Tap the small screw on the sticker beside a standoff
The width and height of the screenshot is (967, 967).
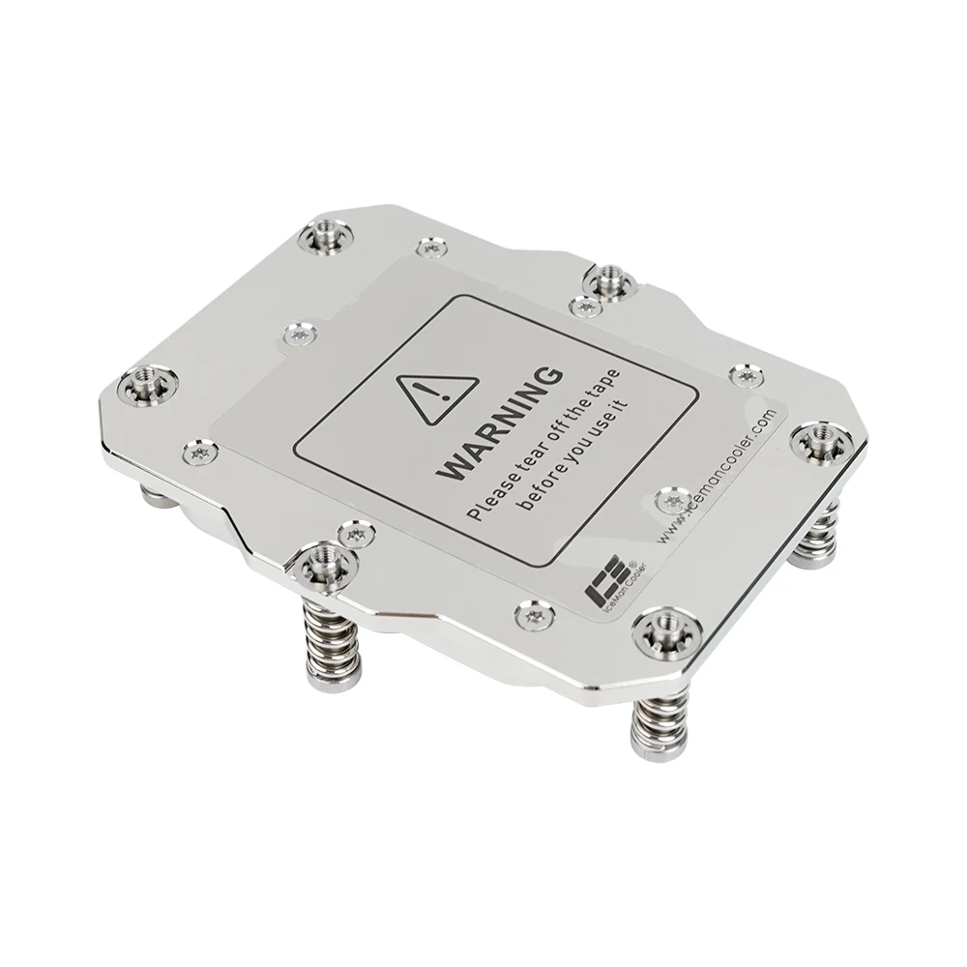pos(583,307)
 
